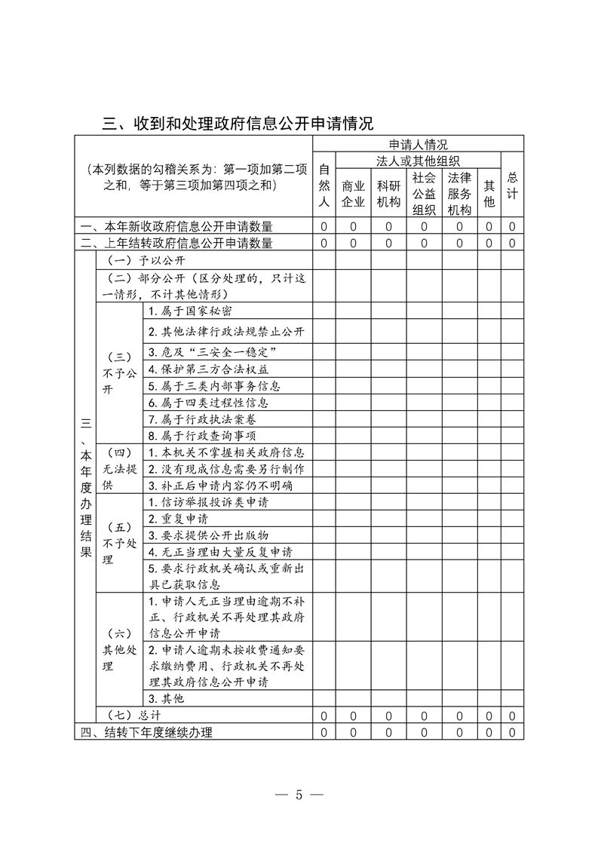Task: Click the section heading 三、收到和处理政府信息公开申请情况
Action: [x=238, y=123]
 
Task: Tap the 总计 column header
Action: [x=512, y=185]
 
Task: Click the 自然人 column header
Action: [x=324, y=185]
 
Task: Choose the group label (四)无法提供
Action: [x=119, y=469]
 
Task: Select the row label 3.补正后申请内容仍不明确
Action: [x=219, y=486]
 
